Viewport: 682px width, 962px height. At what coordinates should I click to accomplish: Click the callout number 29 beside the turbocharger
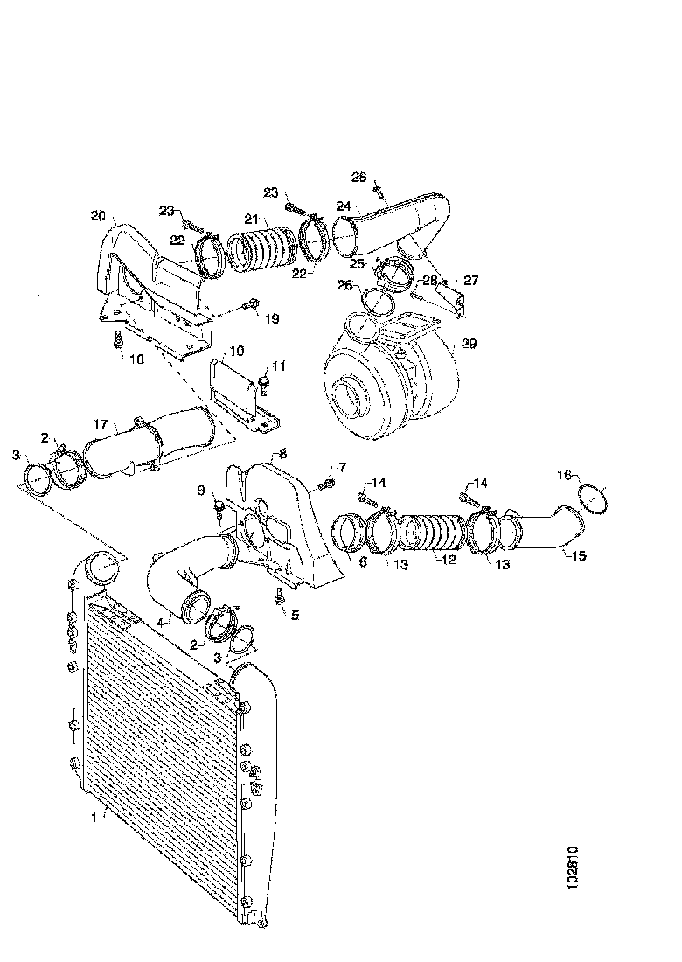470,345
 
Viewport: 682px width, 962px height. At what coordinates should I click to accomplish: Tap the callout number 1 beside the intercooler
94,818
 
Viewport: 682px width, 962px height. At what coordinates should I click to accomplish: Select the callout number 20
97,216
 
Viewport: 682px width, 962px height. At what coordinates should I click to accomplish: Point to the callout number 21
251,219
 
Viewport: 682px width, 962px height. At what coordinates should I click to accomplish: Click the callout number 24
344,206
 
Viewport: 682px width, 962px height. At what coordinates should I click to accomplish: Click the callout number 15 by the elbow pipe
580,554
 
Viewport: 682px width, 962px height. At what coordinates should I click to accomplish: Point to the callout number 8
282,454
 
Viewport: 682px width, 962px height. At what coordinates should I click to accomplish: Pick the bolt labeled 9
218,507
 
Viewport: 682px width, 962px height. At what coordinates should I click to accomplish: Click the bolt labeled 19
251,305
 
